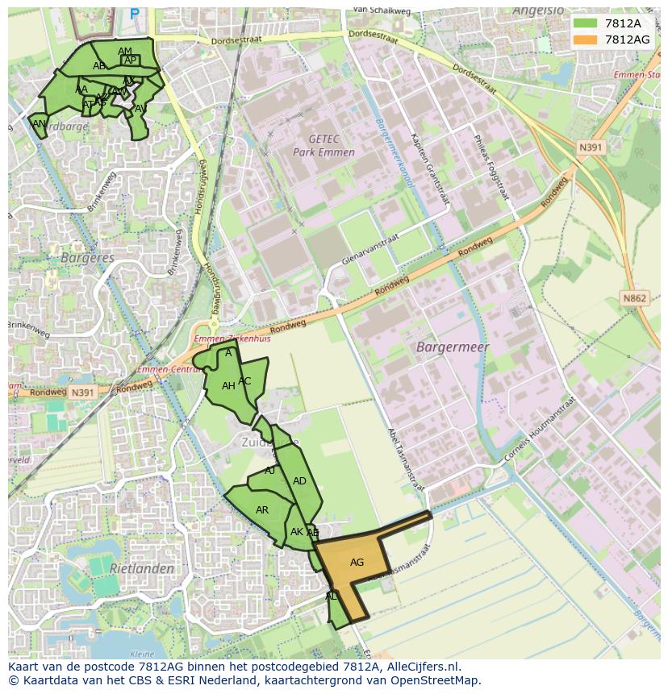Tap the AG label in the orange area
click(357, 563)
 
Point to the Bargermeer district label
click(453, 347)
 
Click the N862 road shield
click(635, 298)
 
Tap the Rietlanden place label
click(142, 568)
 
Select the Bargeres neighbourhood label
click(87, 258)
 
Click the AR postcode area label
click(262, 510)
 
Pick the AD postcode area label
click(299, 481)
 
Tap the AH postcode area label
click(228, 386)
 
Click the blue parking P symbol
click(134, 14)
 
